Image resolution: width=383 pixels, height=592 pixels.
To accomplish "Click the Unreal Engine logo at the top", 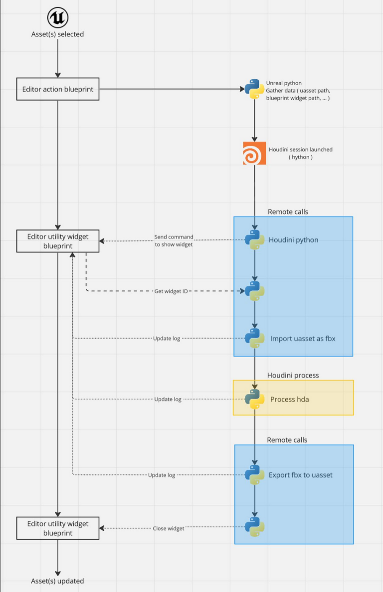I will [x=58, y=18].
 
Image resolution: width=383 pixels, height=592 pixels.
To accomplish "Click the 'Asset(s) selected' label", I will [x=58, y=34].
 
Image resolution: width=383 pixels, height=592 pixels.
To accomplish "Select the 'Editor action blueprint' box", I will [x=58, y=89].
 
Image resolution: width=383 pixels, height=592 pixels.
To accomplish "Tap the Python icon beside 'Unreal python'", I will [x=254, y=89].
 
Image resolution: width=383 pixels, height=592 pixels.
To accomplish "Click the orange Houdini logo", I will [x=254, y=153].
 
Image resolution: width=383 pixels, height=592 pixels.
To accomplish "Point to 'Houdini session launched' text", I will [x=300, y=149].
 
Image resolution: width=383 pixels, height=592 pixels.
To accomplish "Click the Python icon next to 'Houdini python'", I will [x=254, y=239].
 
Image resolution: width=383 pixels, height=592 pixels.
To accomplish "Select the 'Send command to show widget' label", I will [x=174, y=241].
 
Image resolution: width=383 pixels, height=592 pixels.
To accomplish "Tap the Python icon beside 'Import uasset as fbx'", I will [x=254, y=339].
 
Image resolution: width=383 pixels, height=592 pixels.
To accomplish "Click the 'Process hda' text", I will [x=289, y=399].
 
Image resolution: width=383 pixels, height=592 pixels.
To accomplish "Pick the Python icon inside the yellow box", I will [x=254, y=399].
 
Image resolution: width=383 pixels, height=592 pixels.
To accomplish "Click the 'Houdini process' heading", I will [x=293, y=375].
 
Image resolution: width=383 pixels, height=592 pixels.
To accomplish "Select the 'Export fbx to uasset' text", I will [x=300, y=475].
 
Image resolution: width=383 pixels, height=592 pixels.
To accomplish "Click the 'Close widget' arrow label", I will [x=168, y=528].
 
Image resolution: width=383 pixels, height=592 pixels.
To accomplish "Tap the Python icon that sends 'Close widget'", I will [x=254, y=527].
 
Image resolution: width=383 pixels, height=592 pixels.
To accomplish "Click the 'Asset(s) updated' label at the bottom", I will [x=58, y=581].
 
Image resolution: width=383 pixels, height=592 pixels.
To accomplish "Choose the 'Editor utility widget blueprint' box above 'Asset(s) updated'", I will [x=58, y=528].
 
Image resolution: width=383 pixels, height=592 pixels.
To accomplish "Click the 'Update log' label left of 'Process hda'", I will [x=168, y=399].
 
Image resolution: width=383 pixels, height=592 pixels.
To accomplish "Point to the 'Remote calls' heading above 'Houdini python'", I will [x=288, y=212].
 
